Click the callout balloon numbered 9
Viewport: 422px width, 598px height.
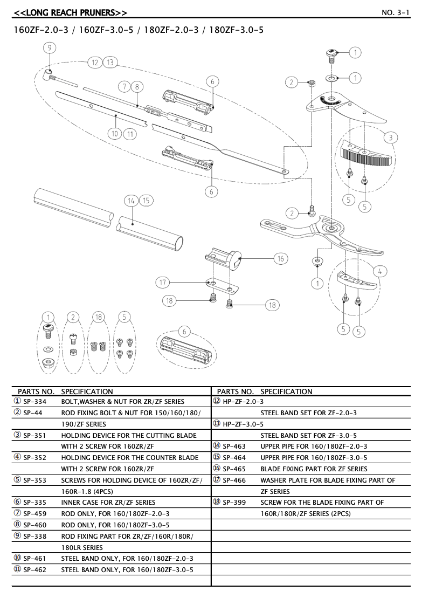click(x=49, y=48)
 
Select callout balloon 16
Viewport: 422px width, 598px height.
click(x=280, y=259)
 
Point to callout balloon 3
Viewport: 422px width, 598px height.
click(x=390, y=137)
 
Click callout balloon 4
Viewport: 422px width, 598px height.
click(x=379, y=271)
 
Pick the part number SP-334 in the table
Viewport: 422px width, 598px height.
click(x=35, y=402)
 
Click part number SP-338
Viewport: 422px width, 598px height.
click(x=35, y=536)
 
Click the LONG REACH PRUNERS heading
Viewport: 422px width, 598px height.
click(x=70, y=12)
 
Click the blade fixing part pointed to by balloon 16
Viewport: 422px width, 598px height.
click(x=226, y=260)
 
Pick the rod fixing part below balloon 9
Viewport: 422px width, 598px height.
click(x=50, y=72)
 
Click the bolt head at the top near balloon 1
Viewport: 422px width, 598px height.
click(x=331, y=53)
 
